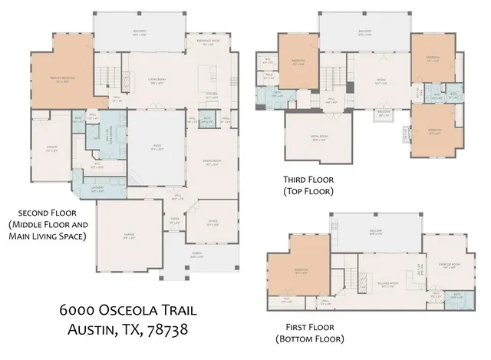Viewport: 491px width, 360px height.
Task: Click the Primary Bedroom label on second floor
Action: [61, 81]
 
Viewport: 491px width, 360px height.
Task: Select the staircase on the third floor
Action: [331, 78]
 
